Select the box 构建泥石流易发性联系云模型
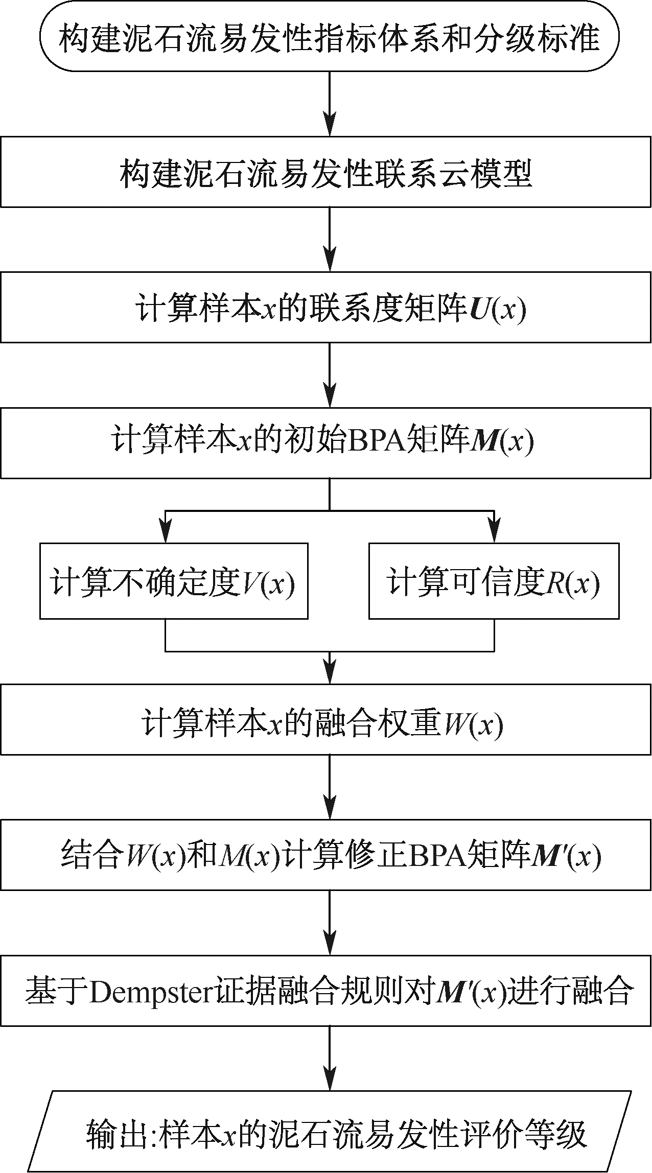(326, 172)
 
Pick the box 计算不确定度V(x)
(174, 581)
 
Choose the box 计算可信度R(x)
(494, 581)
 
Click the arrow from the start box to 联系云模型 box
(330, 104)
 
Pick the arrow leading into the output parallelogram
(330, 1059)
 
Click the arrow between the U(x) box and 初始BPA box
(330, 375)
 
